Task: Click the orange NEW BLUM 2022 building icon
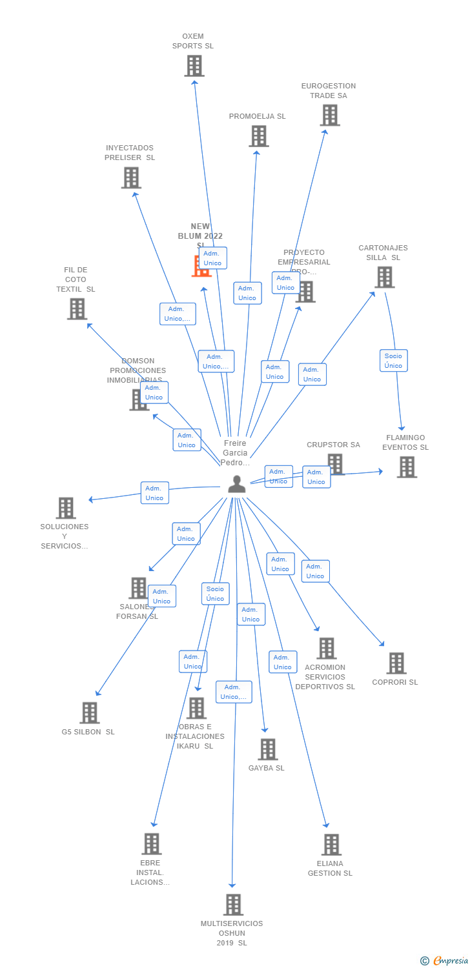pyautogui.click(x=201, y=266)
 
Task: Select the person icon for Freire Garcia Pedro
pyautogui.click(x=237, y=484)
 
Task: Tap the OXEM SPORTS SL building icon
pyautogui.click(x=194, y=66)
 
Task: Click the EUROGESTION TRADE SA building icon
pyautogui.click(x=330, y=115)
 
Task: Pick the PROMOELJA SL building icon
pyautogui.click(x=259, y=136)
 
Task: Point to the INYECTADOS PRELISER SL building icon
pyautogui.click(x=131, y=177)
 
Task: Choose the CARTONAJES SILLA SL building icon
pyautogui.click(x=385, y=277)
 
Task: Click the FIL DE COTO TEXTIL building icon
pyautogui.click(x=77, y=308)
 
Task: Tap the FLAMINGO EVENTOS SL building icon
pyautogui.click(x=407, y=467)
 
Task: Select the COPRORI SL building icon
pyautogui.click(x=396, y=663)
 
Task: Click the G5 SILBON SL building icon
pyautogui.click(x=90, y=712)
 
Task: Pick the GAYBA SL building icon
pyautogui.click(x=268, y=749)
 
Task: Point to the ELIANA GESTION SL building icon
pyautogui.click(x=331, y=844)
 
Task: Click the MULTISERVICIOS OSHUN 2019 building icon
pyautogui.click(x=233, y=904)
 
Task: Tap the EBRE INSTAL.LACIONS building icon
pyautogui.click(x=152, y=843)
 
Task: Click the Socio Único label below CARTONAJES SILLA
pyautogui.click(x=393, y=361)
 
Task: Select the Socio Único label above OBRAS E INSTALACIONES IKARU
pyautogui.click(x=215, y=594)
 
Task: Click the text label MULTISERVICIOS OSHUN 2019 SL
pyautogui.click(x=232, y=933)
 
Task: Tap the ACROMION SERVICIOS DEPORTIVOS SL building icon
pyautogui.click(x=327, y=648)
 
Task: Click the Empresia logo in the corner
pyautogui.click(x=445, y=961)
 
